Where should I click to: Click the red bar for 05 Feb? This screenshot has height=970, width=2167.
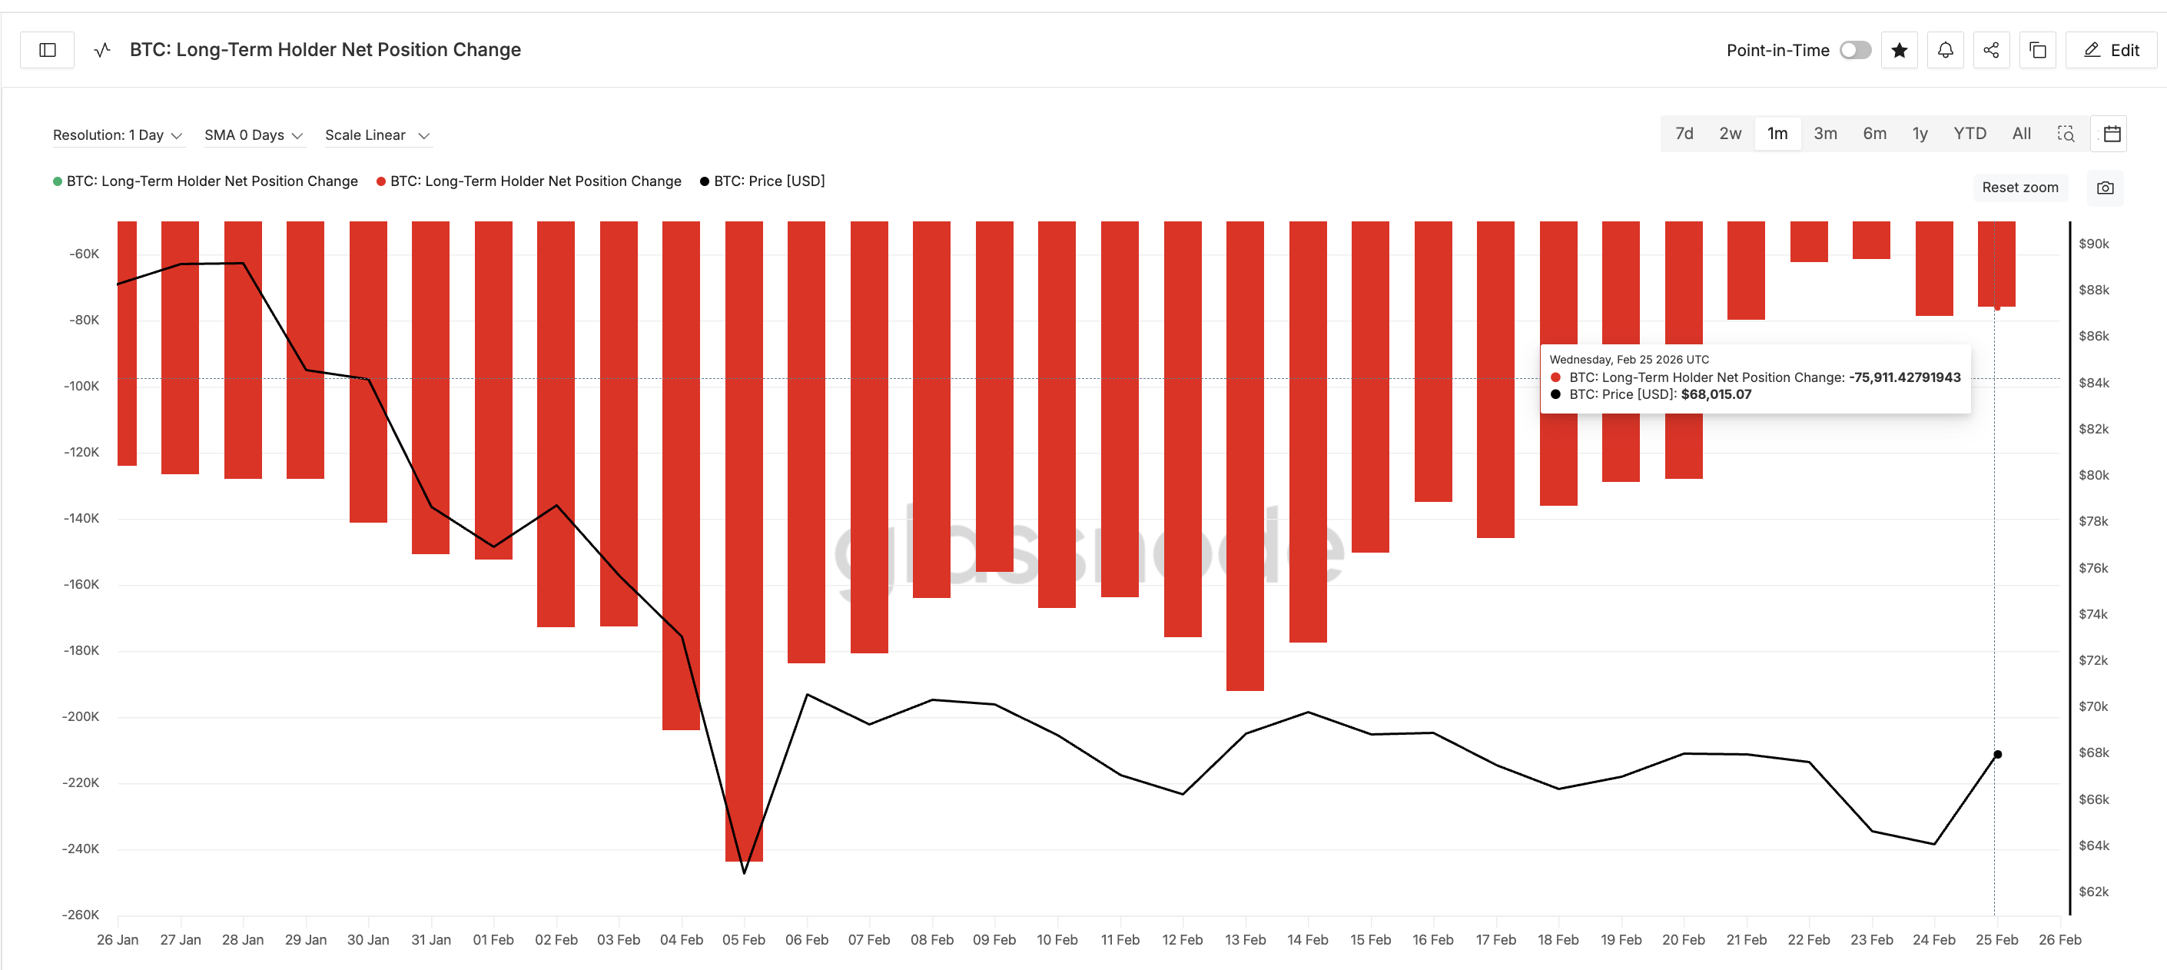744,539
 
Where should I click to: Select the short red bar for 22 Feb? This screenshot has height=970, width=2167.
1809,241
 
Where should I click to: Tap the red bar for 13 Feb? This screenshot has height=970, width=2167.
1245,454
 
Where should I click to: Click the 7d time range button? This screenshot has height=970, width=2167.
1684,134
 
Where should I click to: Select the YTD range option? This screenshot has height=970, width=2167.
1970,134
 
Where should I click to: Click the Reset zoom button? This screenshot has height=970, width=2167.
2019,188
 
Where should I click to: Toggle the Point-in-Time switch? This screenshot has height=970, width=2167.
1855,51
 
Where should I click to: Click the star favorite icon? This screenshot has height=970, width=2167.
1900,51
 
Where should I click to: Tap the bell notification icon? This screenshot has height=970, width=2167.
1945,51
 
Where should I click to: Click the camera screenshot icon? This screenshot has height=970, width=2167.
2105,188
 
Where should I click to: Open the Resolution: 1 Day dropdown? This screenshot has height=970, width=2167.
118,135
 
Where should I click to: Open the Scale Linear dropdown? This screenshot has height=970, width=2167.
377,135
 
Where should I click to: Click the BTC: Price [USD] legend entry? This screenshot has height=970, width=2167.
768,181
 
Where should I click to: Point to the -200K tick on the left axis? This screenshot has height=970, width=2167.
81,717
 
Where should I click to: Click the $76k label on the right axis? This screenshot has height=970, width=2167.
2094,568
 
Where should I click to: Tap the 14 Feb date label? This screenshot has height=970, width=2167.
1307,940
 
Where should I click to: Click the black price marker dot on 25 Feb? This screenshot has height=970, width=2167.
1998,755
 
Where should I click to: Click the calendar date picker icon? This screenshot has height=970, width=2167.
2112,134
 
